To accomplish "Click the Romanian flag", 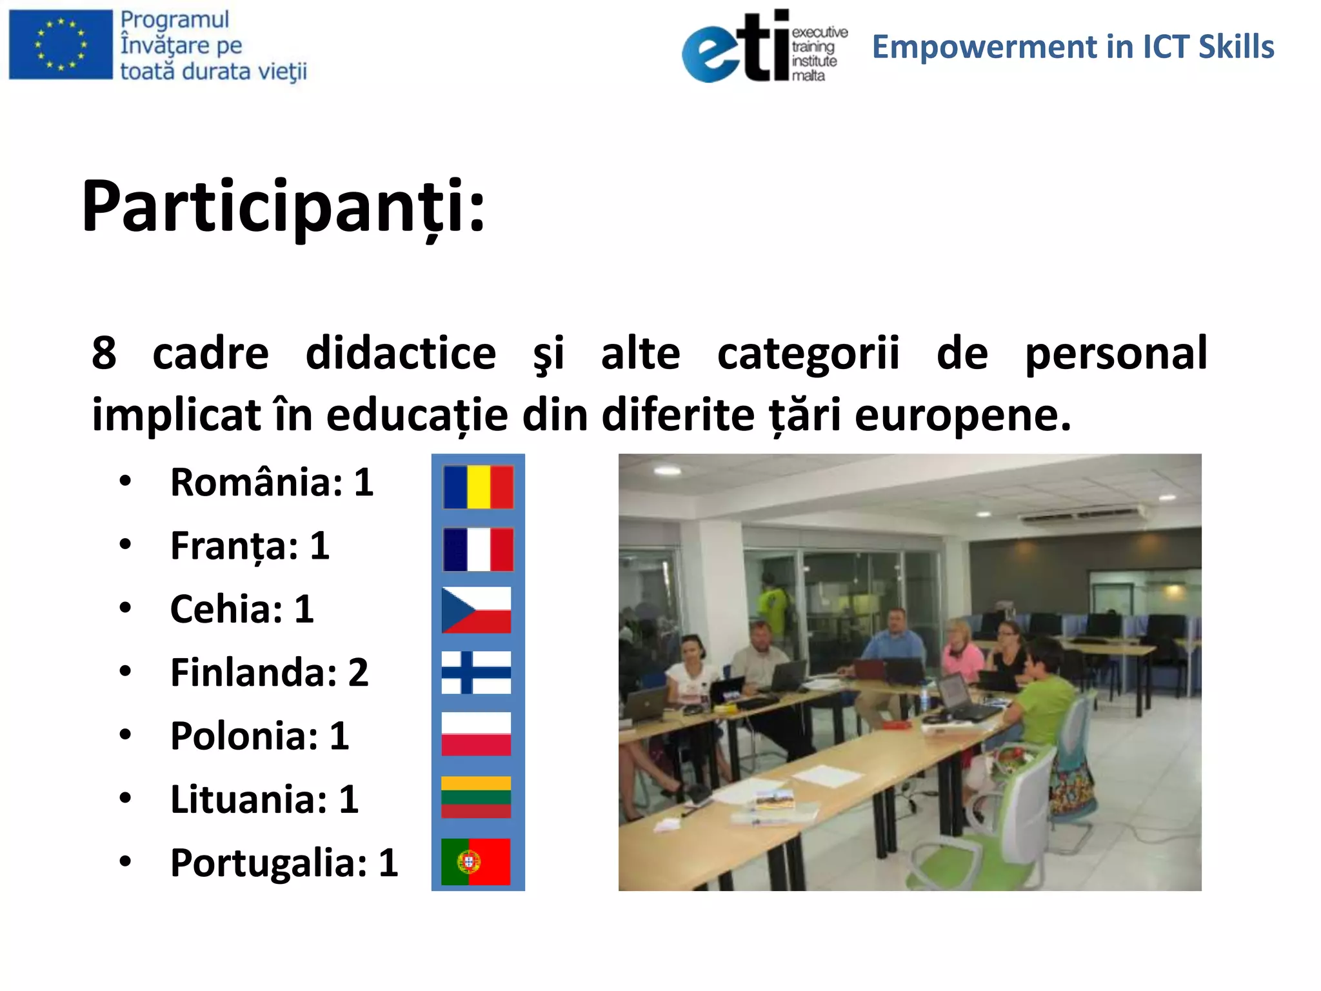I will (x=478, y=487).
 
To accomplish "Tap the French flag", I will (x=478, y=549).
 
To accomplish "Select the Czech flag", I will (x=476, y=610).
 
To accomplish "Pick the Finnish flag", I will (x=476, y=672).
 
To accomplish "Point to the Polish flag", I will (x=476, y=734).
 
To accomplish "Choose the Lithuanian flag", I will (x=476, y=797).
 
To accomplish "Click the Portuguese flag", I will (x=476, y=861).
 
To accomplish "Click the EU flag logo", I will (x=61, y=45).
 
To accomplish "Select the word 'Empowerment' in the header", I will (x=984, y=47).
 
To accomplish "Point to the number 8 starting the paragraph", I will (x=104, y=353).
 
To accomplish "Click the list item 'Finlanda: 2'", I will (x=269, y=672).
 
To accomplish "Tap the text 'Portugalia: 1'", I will (x=284, y=863).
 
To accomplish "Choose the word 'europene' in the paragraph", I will (x=962, y=415).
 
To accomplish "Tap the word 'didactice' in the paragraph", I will (x=401, y=353).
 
